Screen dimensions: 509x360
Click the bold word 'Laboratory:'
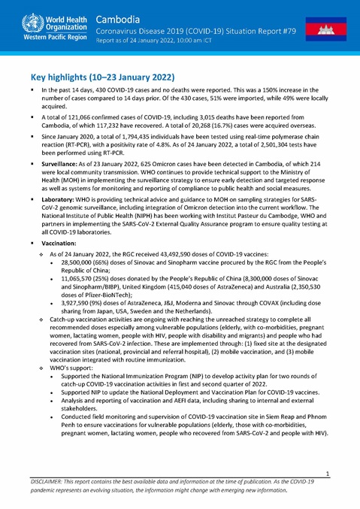[x=60, y=223]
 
